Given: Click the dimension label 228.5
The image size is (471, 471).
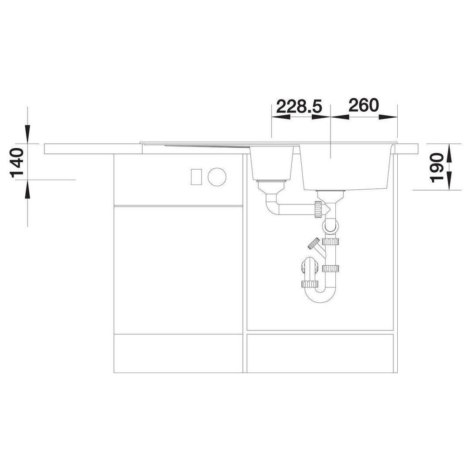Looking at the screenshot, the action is tap(299, 106).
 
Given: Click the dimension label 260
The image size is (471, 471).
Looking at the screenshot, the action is tap(364, 106).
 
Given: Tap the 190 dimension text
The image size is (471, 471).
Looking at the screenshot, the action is tap(436, 168).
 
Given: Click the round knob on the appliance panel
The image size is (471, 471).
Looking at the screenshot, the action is tap(217, 176).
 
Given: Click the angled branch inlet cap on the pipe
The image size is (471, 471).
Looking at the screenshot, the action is tap(314, 243).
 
